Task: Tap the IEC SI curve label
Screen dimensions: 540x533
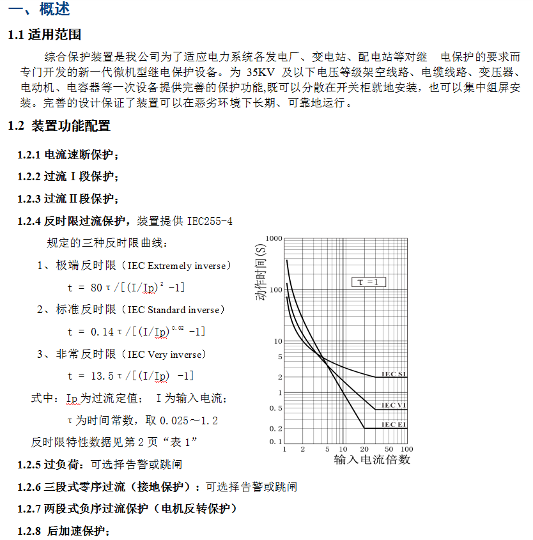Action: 394,374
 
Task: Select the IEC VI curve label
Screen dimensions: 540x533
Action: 394,405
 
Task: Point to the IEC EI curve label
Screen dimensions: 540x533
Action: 394,424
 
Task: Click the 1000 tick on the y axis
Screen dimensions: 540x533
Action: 273,238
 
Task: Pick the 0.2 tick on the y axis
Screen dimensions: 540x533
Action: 275,428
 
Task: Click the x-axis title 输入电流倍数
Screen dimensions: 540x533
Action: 372,459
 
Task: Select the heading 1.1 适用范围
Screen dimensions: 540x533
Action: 45,35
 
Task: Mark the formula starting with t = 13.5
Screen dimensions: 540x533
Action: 130,376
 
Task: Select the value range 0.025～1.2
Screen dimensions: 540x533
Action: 189,420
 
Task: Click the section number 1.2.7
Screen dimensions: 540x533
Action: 29,509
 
